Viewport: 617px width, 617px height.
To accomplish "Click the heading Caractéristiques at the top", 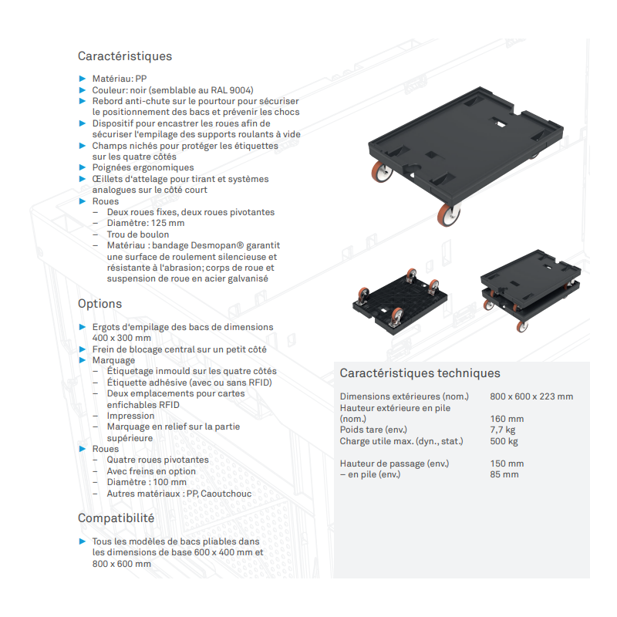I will pos(125,56).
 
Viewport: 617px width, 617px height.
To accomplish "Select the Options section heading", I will pos(99,304).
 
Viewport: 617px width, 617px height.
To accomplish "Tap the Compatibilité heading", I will pos(116,518).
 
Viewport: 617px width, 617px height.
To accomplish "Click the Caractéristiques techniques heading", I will pos(420,373).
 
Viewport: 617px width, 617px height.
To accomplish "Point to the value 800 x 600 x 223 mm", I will pos(531,397).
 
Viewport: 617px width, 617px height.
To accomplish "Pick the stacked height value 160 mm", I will pos(507,419).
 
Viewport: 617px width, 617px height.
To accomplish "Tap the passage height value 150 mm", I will pos(507,464).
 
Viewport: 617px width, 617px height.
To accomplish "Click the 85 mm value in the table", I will pos(504,474).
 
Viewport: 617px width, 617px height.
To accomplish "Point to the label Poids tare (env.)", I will pos(373,430).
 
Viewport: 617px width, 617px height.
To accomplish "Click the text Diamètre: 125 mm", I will pos(146,223).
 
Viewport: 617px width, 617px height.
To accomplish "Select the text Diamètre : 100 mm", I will pos(147,482).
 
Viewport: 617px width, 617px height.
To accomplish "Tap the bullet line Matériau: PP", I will pos(120,79).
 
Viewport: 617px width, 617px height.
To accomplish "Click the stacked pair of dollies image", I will pos(527,289).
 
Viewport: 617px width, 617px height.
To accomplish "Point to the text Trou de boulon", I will pos(138,234).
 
